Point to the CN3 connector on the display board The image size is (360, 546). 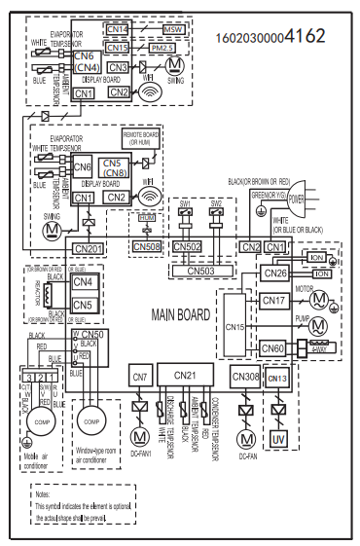pos(118,66)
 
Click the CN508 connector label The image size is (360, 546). pos(147,246)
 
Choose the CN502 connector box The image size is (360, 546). pos(187,247)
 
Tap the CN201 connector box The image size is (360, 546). pos(89,248)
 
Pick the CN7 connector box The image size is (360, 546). pos(140,376)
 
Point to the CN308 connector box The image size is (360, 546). pos(245,376)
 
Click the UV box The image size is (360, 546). pos(278,439)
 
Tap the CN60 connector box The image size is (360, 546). pos(275,347)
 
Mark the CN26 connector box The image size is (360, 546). pos(275,273)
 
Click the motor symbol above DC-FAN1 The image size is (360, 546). pos(140,432)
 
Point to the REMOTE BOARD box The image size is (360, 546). pos(142,139)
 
